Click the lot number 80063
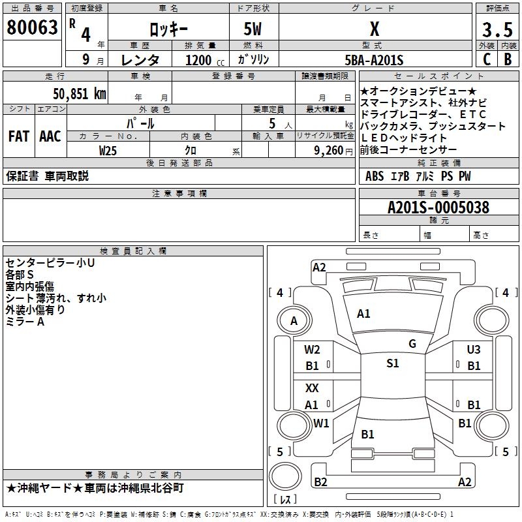pyautogui.click(x=32, y=29)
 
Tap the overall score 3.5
pyautogui.click(x=497, y=30)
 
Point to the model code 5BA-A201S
pyautogui.click(x=374, y=60)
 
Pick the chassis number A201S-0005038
pyautogui.click(x=438, y=208)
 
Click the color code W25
pyautogui.click(x=108, y=151)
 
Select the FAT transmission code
pyautogui.click(x=18, y=136)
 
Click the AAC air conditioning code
pyautogui.click(x=50, y=136)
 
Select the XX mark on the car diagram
pyautogui.click(x=313, y=388)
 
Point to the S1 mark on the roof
pyautogui.click(x=392, y=363)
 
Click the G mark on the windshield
pyautogui.click(x=412, y=344)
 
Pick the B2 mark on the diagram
pyautogui.click(x=320, y=482)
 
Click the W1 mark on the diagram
pyautogui.click(x=321, y=423)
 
